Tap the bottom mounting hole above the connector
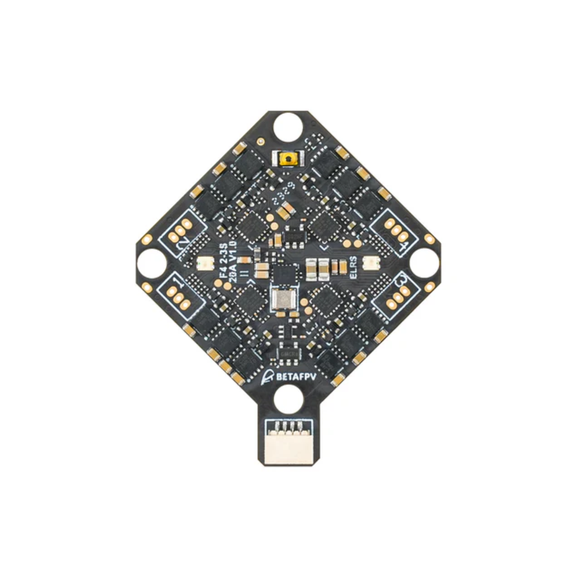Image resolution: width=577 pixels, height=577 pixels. (288, 401)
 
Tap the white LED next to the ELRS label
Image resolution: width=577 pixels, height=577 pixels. (369, 263)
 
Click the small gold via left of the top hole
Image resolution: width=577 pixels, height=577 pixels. (261, 141)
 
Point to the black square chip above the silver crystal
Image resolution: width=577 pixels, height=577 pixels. (284, 273)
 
